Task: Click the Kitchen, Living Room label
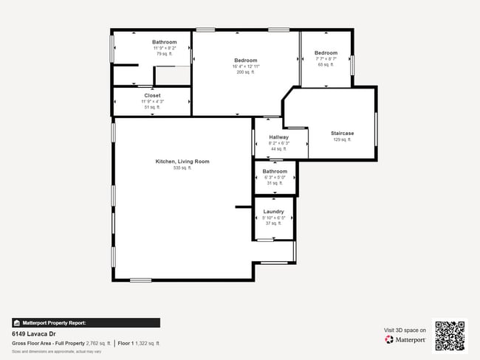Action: point(182,161)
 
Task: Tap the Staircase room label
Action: point(342,133)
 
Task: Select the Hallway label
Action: point(278,137)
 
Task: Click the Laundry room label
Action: point(273,212)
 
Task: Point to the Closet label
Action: point(152,95)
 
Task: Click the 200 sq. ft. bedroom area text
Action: point(245,72)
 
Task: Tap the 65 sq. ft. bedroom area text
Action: point(326,65)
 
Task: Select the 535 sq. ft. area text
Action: point(182,168)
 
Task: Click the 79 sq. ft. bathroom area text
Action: point(164,54)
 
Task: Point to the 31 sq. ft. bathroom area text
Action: point(275,183)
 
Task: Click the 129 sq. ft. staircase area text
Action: point(342,139)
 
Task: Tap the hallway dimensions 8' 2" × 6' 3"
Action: point(278,143)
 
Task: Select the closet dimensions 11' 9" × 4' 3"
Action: point(152,101)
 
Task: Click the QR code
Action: point(450,335)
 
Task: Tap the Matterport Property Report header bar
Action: point(85,322)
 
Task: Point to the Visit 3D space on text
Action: point(405,330)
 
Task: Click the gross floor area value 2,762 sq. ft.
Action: point(98,343)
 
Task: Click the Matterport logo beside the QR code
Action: point(405,339)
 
